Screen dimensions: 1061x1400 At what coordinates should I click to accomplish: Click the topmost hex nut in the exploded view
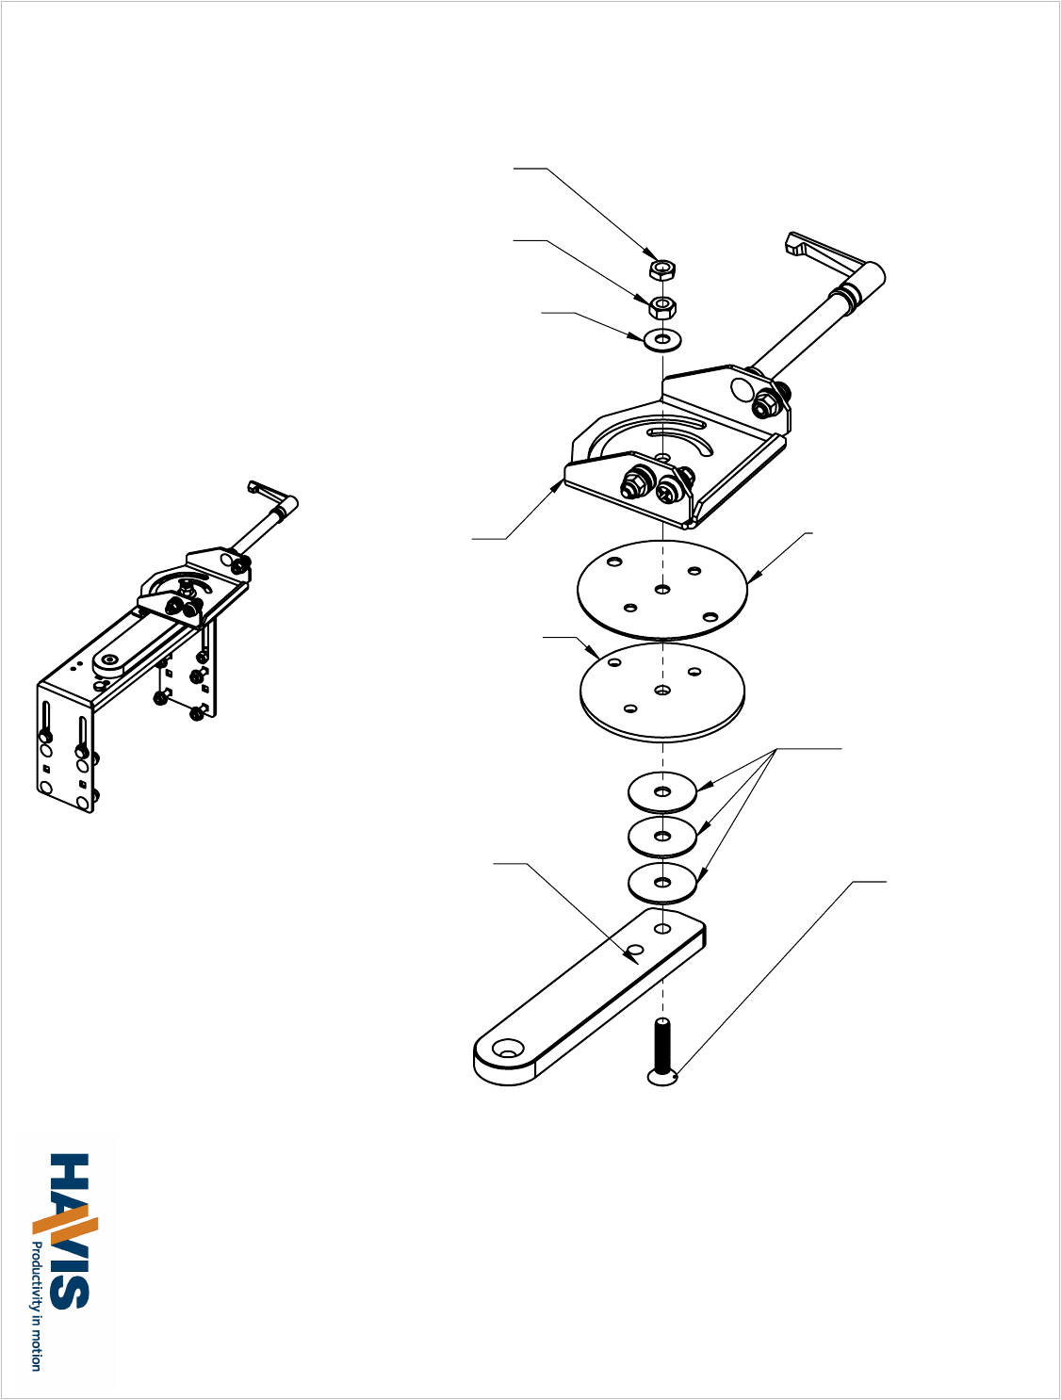(662, 269)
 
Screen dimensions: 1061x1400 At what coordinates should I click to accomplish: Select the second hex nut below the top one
(662, 307)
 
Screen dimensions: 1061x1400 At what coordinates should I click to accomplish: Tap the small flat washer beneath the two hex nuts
(663, 338)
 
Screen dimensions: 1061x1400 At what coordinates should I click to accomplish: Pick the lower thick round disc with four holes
(662, 692)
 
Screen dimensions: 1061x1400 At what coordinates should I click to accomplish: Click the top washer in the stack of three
(662, 792)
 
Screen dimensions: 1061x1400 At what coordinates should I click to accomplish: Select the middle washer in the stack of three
(662, 837)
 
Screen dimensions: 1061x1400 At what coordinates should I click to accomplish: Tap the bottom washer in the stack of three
(662, 884)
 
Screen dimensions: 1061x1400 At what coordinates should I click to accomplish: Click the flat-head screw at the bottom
(663, 1051)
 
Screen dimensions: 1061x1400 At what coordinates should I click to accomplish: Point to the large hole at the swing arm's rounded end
(508, 1050)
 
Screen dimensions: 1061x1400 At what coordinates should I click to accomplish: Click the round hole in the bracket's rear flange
(743, 390)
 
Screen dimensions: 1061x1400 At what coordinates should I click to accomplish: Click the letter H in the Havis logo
(70, 1175)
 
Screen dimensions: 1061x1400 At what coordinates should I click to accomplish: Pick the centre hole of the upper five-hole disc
(662, 590)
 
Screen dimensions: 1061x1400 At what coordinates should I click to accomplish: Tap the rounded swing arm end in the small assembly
(112, 662)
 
